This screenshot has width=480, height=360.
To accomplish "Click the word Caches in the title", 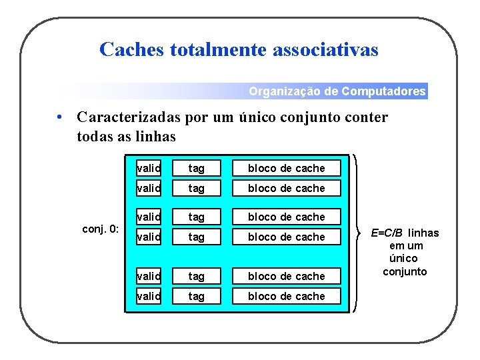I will click(131, 49).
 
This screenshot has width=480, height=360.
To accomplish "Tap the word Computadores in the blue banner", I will click(383, 91).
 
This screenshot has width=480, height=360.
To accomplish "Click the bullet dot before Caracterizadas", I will click(60, 118).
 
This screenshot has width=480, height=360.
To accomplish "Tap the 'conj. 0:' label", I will click(100, 229).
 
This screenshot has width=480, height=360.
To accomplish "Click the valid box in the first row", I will click(148, 168).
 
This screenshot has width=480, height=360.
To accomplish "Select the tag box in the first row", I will click(196, 168).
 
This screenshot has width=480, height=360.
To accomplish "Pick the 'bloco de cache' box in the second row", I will click(286, 188).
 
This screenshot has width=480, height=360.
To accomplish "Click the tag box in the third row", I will click(196, 217).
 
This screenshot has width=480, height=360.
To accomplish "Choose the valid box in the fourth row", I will click(148, 237).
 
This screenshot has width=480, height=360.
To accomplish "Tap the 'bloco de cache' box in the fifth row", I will click(286, 276).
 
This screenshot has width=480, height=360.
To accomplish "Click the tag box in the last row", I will click(196, 296).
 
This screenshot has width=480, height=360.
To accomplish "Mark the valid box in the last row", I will click(148, 296).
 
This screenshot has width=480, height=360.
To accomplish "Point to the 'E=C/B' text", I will click(387, 233).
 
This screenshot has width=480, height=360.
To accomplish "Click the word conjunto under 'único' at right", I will click(405, 271).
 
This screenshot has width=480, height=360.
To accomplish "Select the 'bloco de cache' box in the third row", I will click(286, 217).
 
